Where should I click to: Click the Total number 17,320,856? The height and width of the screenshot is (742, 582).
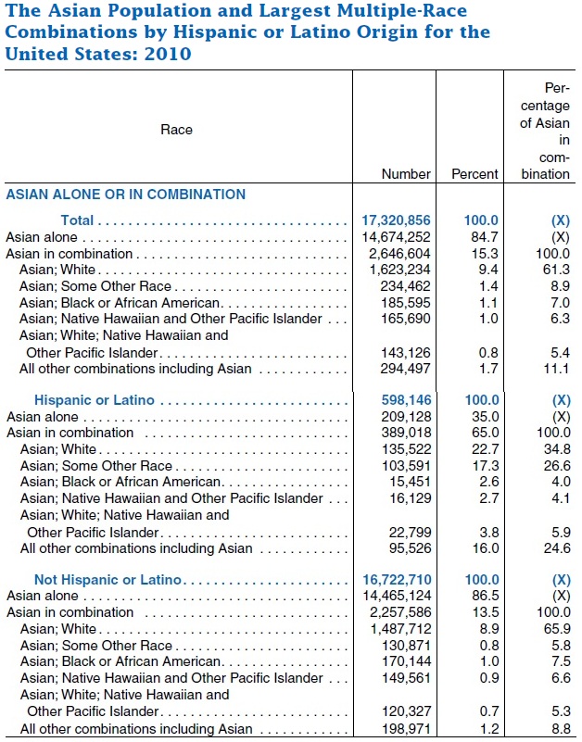tap(396, 220)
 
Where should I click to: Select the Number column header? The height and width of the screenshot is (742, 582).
tap(406, 173)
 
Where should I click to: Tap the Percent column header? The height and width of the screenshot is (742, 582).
tap(474, 173)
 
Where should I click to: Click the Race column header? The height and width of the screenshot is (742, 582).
tap(176, 130)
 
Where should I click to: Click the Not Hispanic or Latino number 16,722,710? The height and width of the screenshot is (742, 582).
tap(396, 580)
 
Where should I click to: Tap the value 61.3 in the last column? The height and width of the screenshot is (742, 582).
tap(556, 270)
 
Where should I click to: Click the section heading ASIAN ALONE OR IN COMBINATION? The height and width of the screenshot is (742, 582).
tap(126, 195)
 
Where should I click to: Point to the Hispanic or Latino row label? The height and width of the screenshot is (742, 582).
tap(95, 400)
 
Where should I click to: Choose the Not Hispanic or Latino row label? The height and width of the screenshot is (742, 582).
tap(108, 580)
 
